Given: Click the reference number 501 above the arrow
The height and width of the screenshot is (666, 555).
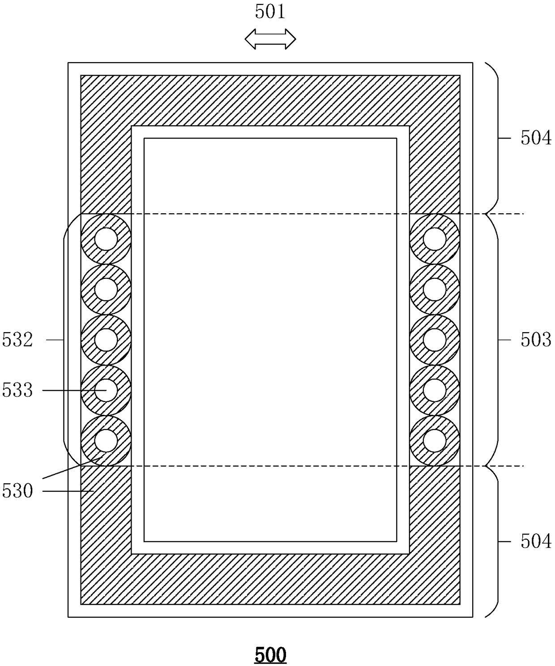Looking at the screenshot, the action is pyautogui.click(x=270, y=12).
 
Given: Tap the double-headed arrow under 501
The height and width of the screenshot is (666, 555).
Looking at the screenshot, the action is pyautogui.click(x=270, y=39).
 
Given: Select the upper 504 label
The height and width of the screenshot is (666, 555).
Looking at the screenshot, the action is pyautogui.click(x=536, y=138).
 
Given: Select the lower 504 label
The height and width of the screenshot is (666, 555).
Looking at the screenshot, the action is pyautogui.click(x=536, y=541).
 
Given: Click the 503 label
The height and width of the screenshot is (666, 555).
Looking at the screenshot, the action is pyautogui.click(x=536, y=340).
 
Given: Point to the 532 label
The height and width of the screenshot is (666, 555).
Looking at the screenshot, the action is pyautogui.click(x=17, y=340).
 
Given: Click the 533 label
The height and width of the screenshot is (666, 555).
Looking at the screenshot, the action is pyautogui.click(x=17, y=390).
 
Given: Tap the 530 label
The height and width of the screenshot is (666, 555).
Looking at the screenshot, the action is pyautogui.click(x=17, y=491).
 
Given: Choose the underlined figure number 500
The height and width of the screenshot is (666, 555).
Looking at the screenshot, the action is pyautogui.click(x=270, y=654).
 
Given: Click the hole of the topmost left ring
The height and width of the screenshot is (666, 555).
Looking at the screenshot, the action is pyautogui.click(x=106, y=239).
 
